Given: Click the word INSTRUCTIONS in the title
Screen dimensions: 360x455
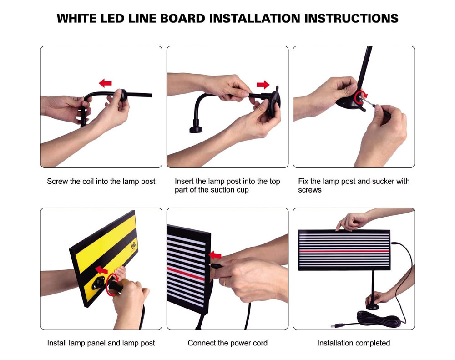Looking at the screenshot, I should pos(351,19).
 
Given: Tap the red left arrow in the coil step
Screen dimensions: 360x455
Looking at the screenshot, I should pos(106,83).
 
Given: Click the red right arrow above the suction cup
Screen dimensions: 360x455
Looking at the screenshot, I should pos(263,85).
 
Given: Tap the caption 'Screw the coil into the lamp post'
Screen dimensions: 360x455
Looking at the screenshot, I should pos(101,182).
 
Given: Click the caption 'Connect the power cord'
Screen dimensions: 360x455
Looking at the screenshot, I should pos(227,343).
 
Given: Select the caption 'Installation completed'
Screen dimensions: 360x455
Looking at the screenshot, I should pos(354,343).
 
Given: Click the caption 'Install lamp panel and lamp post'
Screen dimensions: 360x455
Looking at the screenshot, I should pos(101,343).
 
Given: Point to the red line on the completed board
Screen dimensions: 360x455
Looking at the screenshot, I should pos(344,251).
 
